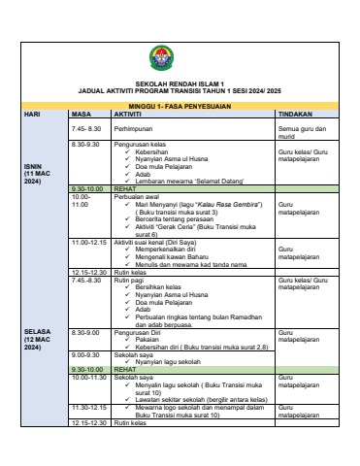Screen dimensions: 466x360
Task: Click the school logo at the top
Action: pyautogui.click(x=180, y=59)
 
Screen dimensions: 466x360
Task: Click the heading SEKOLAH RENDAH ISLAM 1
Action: pyautogui.click(x=180, y=83)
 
